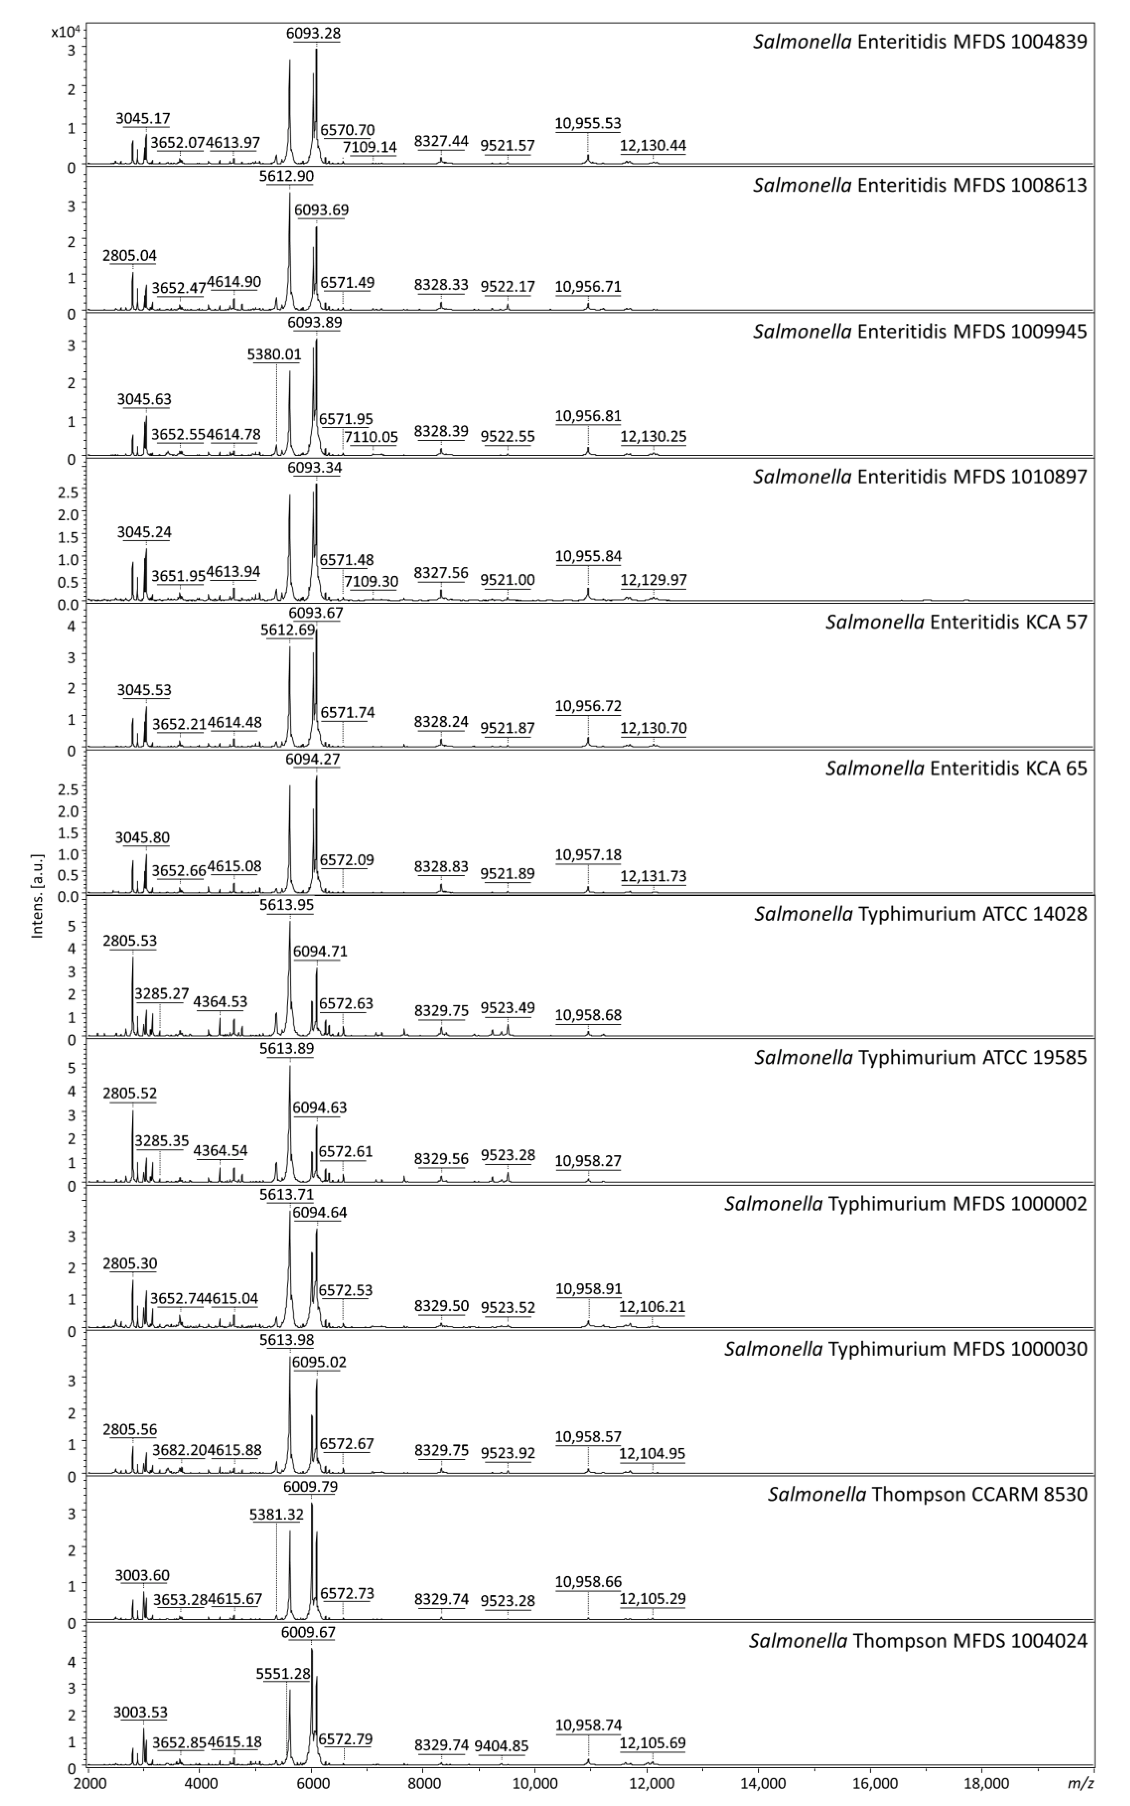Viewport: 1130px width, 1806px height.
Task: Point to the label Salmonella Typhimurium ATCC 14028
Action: [x=920, y=913]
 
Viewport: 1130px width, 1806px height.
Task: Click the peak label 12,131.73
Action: [x=653, y=875]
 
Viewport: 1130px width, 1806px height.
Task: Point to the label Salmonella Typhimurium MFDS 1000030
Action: [x=905, y=1349]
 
